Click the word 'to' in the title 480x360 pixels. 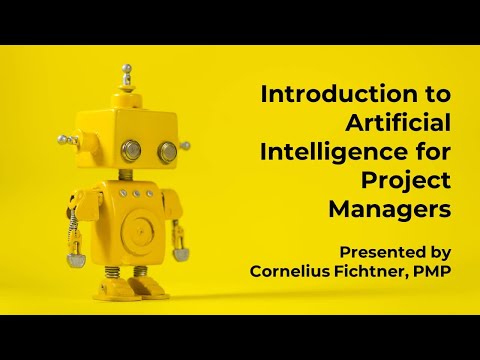click(x=434, y=95)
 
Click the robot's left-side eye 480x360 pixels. click(x=131, y=150)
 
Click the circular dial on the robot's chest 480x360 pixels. click(x=139, y=228)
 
